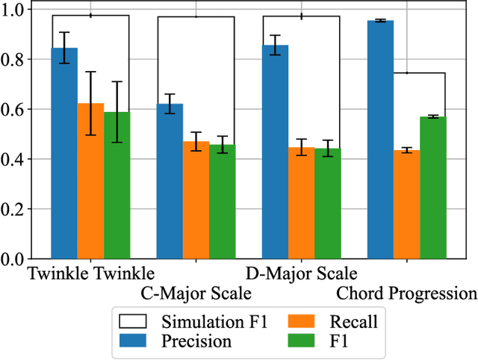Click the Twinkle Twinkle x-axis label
90,272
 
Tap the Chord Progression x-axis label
406,292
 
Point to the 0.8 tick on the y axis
14,59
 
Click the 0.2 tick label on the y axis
14,209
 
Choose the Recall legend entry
333,321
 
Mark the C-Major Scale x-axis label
196,292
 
